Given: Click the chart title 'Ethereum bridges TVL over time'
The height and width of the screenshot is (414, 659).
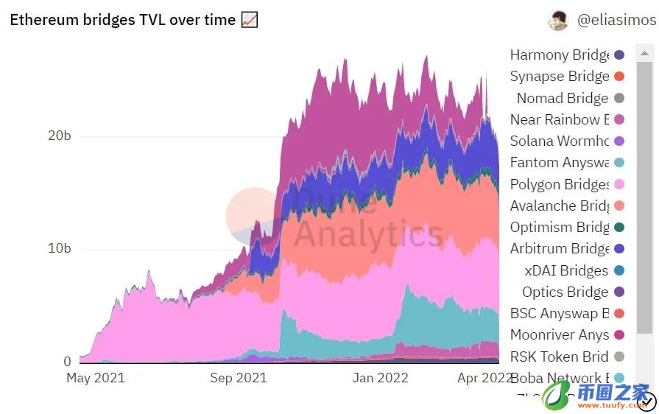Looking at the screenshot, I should click(122, 20).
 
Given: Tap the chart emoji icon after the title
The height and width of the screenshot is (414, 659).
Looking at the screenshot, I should click(250, 20).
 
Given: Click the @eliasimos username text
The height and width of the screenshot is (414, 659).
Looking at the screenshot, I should click(616, 20).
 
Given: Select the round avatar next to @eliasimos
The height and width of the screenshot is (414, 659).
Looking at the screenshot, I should click(558, 21).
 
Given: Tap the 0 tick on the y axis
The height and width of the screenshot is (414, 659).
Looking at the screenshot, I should click(67, 362).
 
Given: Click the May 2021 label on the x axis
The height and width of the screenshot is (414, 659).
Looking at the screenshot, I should click(96, 379).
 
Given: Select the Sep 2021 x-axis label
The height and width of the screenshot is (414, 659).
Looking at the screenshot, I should click(238, 379).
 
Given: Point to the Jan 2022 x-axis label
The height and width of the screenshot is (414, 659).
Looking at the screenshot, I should click(381, 379).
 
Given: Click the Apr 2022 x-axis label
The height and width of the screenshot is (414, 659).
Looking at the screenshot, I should click(484, 379).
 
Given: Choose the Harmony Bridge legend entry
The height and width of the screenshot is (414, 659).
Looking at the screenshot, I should click(559, 55).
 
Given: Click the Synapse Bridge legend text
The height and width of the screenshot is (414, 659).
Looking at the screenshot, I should click(559, 76).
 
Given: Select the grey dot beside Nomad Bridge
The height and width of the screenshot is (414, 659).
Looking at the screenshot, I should click(619, 98).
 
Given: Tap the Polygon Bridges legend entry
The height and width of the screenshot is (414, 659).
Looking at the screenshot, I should click(559, 184).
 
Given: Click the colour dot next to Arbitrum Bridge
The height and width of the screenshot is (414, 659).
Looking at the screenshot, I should click(619, 249).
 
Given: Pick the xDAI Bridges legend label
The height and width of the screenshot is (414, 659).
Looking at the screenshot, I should click(566, 270).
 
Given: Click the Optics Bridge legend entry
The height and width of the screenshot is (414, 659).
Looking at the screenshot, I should click(565, 292).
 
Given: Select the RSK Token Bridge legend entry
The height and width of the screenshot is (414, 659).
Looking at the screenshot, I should click(559, 357).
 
